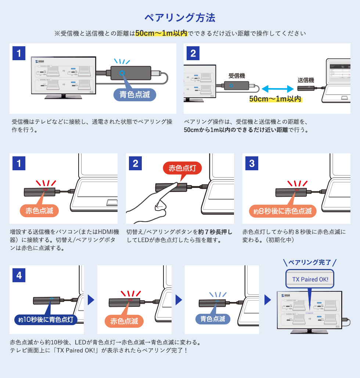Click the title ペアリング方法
(180, 18)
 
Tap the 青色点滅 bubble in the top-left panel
(135, 94)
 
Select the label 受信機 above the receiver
(237, 76)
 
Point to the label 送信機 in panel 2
(306, 80)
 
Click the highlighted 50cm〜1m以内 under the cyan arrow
(275, 99)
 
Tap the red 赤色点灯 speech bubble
(182, 168)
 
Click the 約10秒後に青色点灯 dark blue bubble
(46, 319)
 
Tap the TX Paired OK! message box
(310, 279)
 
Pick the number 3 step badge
(252, 163)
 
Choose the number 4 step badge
(19, 275)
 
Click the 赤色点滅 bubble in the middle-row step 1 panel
(39, 211)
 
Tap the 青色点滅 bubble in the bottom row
(213, 319)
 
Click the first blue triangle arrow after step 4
(91, 299)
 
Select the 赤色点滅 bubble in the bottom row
(124, 321)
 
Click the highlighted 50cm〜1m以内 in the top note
(161, 33)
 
